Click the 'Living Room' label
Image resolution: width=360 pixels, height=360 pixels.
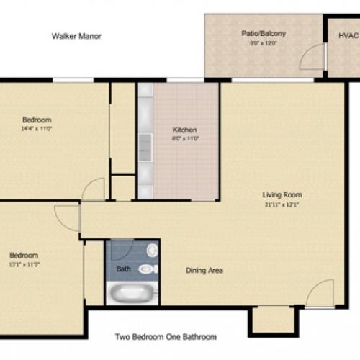coord(282,194)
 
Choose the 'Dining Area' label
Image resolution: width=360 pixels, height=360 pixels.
coord(204,271)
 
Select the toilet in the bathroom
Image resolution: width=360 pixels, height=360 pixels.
coord(148,269)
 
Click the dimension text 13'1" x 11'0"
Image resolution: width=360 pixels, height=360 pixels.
coord(24,264)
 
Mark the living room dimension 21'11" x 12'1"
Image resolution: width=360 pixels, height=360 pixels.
coord(282,204)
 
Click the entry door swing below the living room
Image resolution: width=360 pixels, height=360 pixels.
coord(318,292)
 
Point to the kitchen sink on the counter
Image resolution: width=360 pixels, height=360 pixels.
coord(145,140)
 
